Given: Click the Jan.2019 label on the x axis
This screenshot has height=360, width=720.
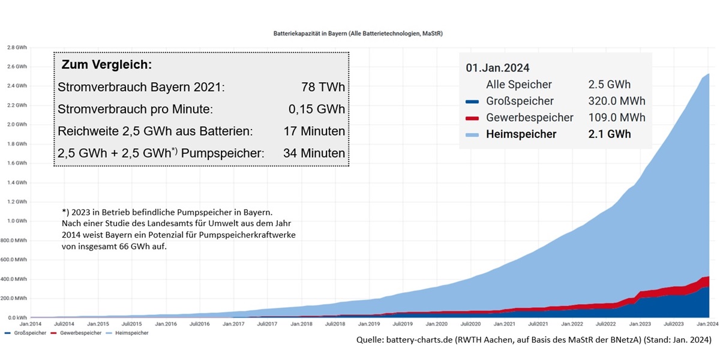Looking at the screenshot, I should click(369, 324).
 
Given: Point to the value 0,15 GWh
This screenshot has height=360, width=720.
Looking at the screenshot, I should click(317, 110).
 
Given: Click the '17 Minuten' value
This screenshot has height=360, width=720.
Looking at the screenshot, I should click(314, 131).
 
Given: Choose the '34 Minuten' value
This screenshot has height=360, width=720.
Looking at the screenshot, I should click(314, 154).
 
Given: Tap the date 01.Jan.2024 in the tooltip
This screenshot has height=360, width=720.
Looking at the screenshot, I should click(497, 68).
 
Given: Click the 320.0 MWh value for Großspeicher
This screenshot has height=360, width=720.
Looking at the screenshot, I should click(617, 101).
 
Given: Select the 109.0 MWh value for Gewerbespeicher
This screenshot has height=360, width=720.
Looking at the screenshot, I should click(617, 118).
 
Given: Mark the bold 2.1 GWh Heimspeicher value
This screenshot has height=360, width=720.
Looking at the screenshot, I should click(610, 134).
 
